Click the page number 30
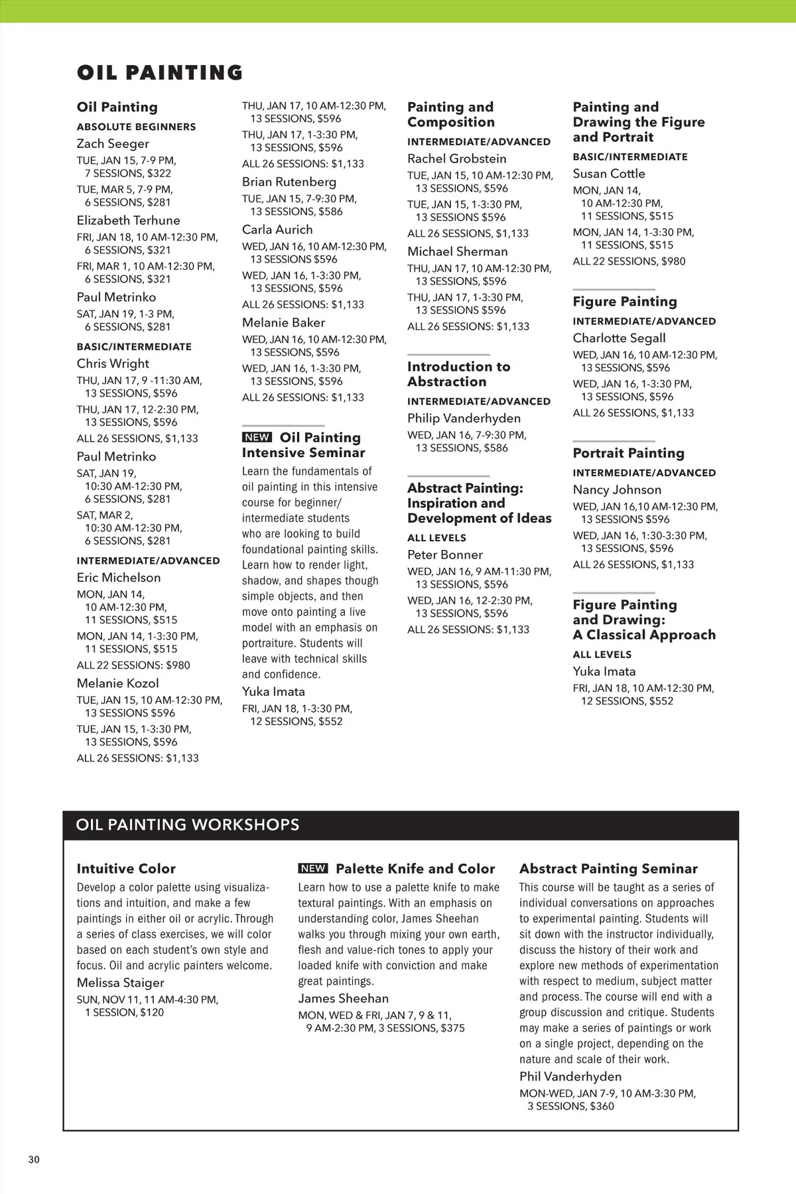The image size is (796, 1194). [x=34, y=1160]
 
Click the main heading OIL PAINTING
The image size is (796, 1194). [x=160, y=72]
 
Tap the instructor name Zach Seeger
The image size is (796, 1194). [x=113, y=143]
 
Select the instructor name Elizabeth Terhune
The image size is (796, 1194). [x=128, y=220]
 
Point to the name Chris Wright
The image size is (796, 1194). [x=113, y=364]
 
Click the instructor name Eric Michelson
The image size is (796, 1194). [x=119, y=577]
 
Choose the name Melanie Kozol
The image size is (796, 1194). [x=117, y=683]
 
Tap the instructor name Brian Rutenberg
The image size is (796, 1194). [x=289, y=182]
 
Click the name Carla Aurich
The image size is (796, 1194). [x=277, y=230]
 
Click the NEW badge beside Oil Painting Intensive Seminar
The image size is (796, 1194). [x=257, y=437]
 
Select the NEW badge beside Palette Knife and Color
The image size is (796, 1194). [x=312, y=868]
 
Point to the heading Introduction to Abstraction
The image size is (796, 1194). [x=458, y=374]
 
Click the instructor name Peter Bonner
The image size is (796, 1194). [x=444, y=555]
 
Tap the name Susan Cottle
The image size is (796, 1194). [x=608, y=173]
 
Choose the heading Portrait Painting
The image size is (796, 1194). [x=628, y=453]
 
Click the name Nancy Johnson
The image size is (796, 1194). [x=617, y=490]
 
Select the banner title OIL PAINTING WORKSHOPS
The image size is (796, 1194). [x=188, y=825]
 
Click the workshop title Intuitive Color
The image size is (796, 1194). [x=126, y=868]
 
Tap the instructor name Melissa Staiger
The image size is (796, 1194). [x=120, y=982]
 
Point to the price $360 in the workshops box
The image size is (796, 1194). [x=602, y=1106]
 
